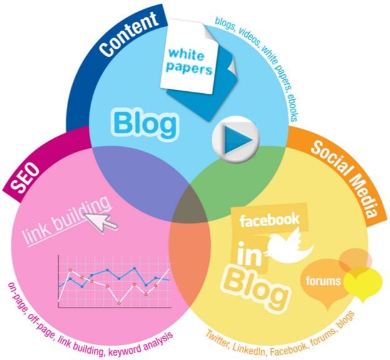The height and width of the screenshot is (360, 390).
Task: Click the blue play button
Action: pyautogui.click(x=236, y=139)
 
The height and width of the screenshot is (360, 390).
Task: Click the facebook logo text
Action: pyautogui.click(x=269, y=219)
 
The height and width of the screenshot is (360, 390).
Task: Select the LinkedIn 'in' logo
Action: pyautogui.click(x=249, y=253)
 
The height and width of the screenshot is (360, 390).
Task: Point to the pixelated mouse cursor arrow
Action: pyautogui.click(x=101, y=220)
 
